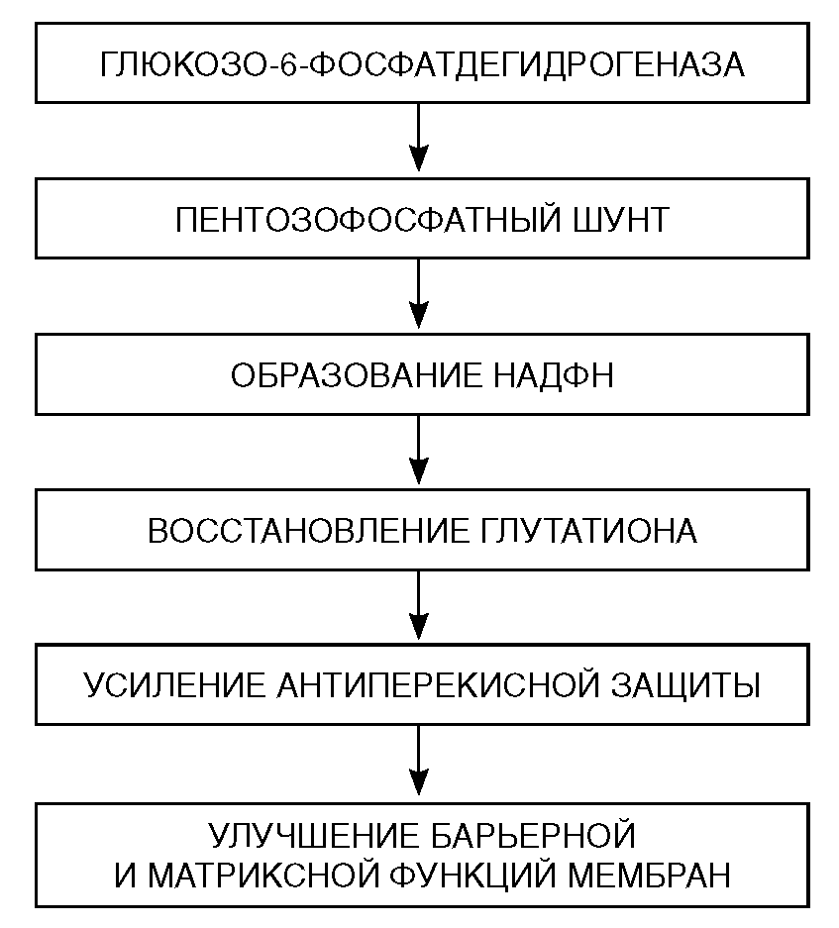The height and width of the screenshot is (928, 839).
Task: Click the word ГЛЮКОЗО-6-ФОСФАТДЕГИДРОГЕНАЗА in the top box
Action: click(420, 65)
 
